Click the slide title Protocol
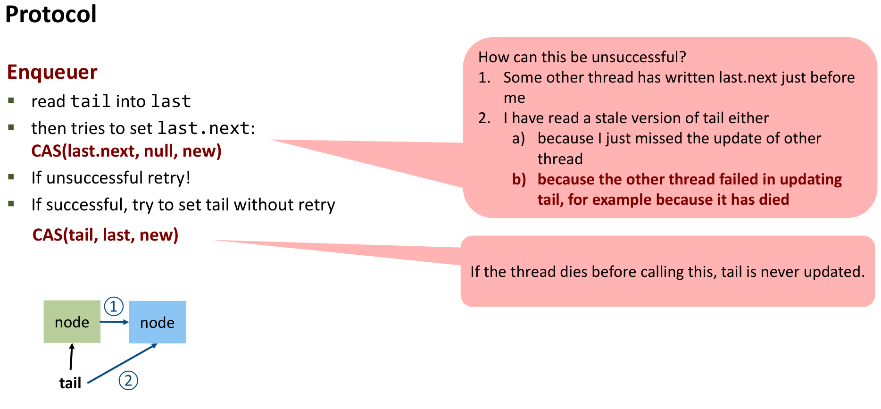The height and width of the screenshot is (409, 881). (51, 14)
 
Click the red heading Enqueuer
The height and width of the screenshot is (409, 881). (52, 72)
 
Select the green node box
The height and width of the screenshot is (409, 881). (72, 322)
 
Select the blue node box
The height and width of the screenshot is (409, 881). (157, 322)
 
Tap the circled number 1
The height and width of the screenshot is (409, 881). (114, 307)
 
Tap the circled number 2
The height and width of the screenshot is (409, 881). (128, 381)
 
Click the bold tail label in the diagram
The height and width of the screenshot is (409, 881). (70, 383)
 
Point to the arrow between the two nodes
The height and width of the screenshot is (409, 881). (114, 322)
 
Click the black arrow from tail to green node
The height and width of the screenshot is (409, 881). (71, 357)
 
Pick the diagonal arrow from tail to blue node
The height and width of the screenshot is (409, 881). (123, 363)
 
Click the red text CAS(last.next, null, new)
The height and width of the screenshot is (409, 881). (126, 151)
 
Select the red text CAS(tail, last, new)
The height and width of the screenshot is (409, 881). (105, 235)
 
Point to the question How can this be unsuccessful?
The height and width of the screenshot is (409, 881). (582, 57)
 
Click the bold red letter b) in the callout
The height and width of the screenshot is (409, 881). (519, 180)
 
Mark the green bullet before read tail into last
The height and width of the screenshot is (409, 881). (11, 100)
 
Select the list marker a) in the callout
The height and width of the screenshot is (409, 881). (518, 139)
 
